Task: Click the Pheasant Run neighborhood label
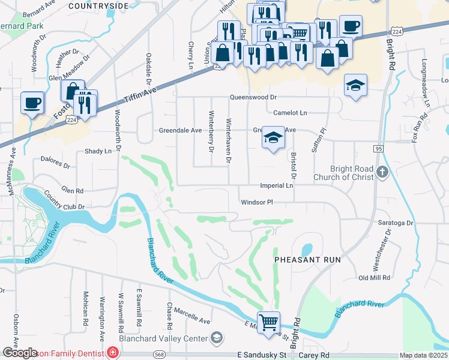click(x=307, y=260)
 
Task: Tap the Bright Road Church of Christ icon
click(x=381, y=174)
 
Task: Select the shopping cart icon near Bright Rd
click(x=268, y=322)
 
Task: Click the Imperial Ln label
click(x=276, y=186)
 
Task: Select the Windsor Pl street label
click(x=257, y=202)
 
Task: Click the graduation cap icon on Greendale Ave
click(x=273, y=138)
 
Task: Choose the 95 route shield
click(x=378, y=148)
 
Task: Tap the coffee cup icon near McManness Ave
click(x=32, y=102)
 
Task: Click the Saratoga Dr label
click(x=396, y=223)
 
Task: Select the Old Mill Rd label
click(x=374, y=278)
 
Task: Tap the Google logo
click(x=20, y=353)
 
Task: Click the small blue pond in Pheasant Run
click(x=307, y=248)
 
